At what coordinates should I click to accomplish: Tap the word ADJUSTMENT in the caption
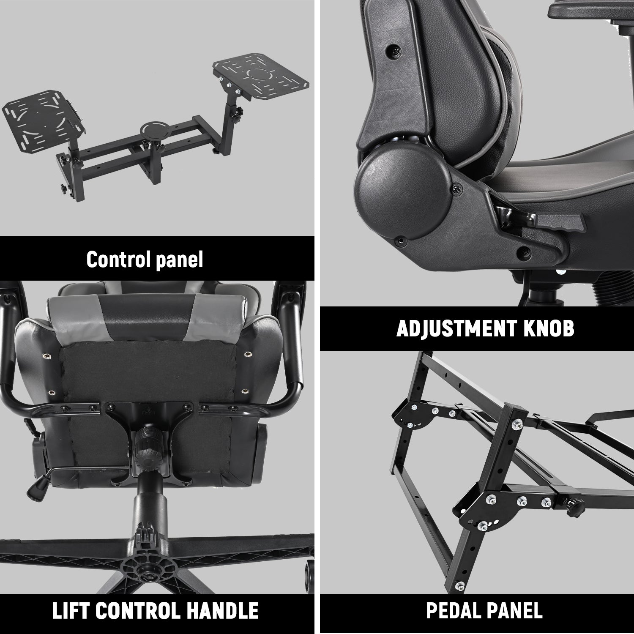tap(456, 328)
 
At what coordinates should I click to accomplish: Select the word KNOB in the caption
tap(549, 328)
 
